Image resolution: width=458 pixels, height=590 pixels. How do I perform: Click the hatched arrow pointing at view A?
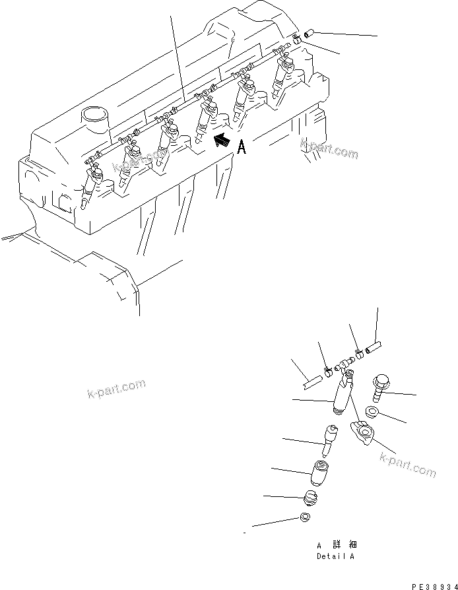click(222, 140)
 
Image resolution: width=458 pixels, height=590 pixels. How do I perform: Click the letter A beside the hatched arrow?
click(242, 147)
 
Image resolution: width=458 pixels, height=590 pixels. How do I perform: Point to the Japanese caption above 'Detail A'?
click(336, 545)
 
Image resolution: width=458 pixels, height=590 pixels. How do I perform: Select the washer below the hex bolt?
click(371, 413)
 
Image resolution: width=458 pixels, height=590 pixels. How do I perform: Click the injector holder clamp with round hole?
click(364, 433)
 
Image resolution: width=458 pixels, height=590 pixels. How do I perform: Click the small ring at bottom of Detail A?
click(304, 517)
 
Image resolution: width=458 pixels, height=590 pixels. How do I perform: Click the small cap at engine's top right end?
click(310, 32)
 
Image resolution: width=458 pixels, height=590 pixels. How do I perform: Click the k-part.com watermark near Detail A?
click(407, 466)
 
